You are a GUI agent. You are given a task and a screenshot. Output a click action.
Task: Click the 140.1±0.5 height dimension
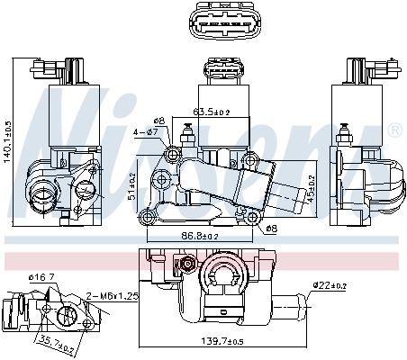(x=8, y=145)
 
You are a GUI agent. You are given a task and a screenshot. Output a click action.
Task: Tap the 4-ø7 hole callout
(x=147, y=132)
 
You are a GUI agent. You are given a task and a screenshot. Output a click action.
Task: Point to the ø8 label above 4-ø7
(x=158, y=120)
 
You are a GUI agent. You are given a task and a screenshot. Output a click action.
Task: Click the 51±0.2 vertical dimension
(x=131, y=184)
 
